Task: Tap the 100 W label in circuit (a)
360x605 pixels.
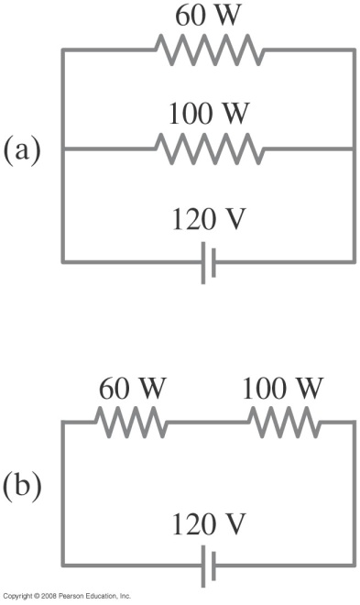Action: click(x=209, y=117)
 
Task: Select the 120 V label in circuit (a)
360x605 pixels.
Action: click(x=209, y=220)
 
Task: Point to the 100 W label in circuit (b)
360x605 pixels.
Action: click(x=283, y=389)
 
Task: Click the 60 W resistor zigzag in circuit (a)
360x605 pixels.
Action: click(x=209, y=51)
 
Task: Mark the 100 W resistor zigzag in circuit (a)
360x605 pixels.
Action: click(x=209, y=148)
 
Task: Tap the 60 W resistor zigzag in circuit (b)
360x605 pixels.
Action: click(x=131, y=423)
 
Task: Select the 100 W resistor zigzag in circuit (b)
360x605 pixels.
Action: click(x=283, y=423)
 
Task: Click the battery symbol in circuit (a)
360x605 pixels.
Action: click(x=208, y=264)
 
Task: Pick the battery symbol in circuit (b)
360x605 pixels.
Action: click(x=208, y=568)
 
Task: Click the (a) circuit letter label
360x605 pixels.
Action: click(x=23, y=149)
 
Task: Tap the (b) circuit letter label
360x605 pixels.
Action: click(x=23, y=487)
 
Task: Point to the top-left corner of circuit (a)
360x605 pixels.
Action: click(x=62, y=51)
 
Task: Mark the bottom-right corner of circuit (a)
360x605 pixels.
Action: click(x=354, y=263)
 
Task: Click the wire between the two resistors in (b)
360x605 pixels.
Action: click(x=207, y=423)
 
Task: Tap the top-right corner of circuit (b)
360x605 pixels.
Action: click(x=354, y=423)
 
